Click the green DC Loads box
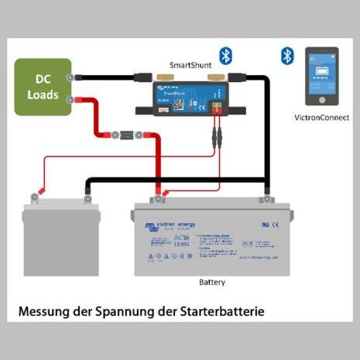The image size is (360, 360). pos(43,87)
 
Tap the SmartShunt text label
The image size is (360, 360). pos(190,66)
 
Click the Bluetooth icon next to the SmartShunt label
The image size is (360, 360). pos(225,55)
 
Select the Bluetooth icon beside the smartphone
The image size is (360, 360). pos(287,56)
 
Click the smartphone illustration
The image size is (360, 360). pos(322,77)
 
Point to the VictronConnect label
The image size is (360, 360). pos(322,118)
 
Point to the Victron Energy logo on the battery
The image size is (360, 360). pos(170,226)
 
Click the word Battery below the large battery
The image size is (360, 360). pos(212,282)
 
